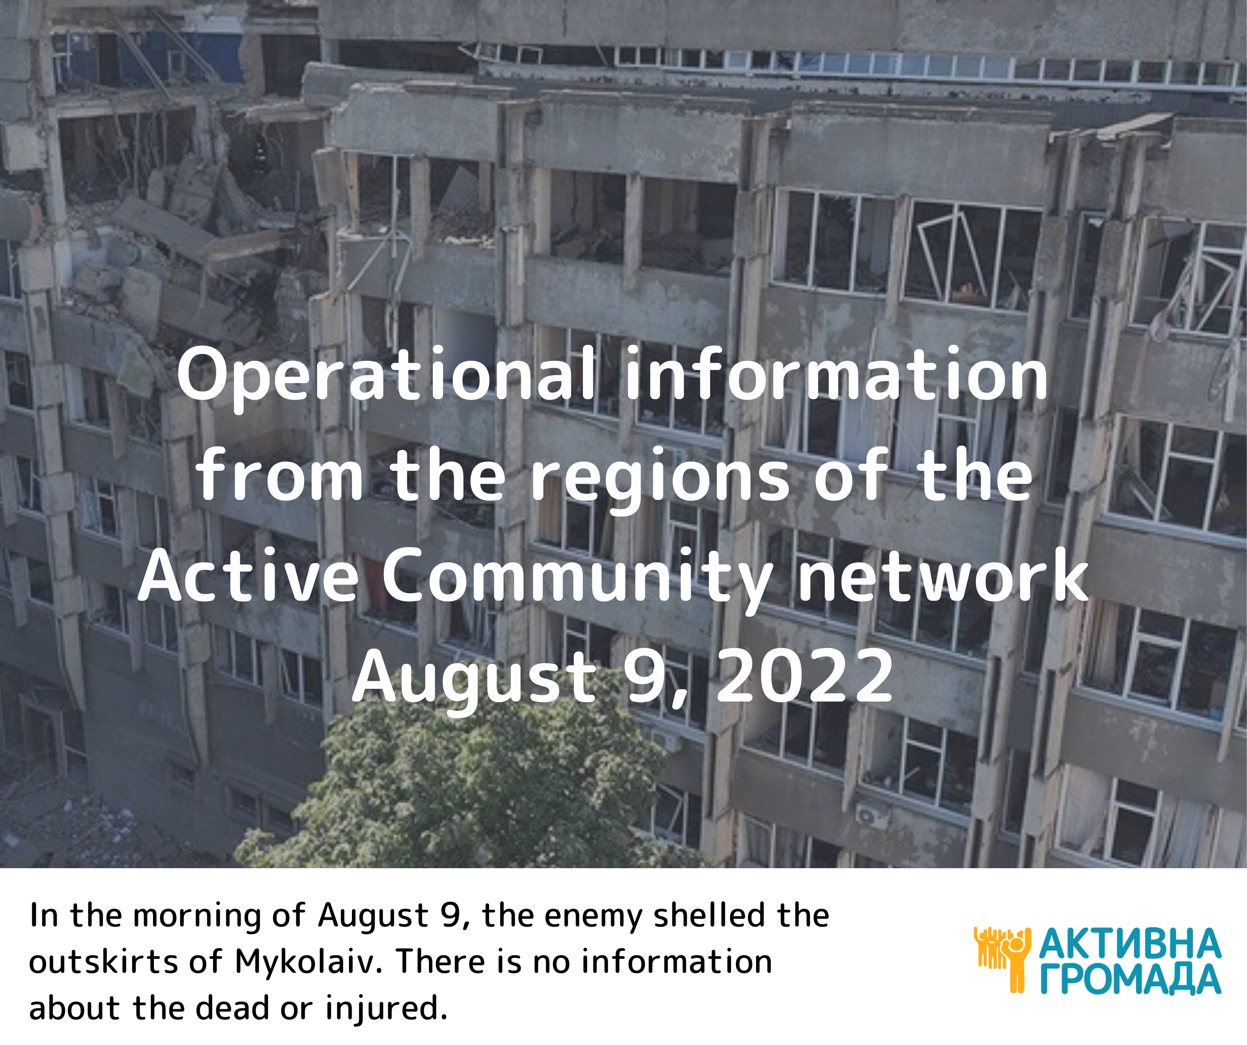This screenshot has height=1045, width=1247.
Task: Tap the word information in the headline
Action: pyautogui.click(x=836, y=374)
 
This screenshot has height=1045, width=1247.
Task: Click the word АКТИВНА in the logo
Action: pyautogui.click(x=1129, y=944)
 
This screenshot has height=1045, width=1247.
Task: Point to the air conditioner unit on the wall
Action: pyautogui.click(x=871, y=816)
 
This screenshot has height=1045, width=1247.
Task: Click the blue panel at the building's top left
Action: pyautogui.click(x=178, y=57)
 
